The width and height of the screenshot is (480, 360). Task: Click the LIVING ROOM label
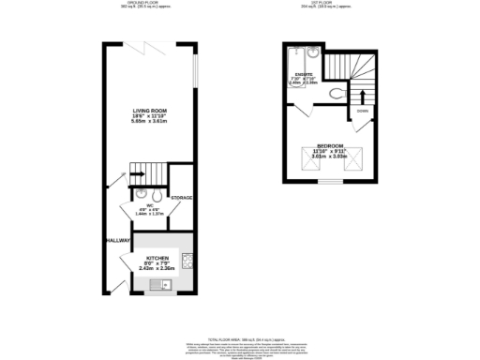click(149, 110)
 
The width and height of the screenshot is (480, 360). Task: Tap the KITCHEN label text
click(157, 256)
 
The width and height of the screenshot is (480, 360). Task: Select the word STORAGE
click(182, 198)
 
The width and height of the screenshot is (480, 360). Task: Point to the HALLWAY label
click(118, 240)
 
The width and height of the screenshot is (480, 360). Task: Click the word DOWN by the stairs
click(361, 110)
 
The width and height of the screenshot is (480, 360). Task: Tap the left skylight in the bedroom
click(309, 167)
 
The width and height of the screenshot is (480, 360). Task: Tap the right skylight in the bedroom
click(348, 167)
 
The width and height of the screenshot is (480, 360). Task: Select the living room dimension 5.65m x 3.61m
click(149, 121)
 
